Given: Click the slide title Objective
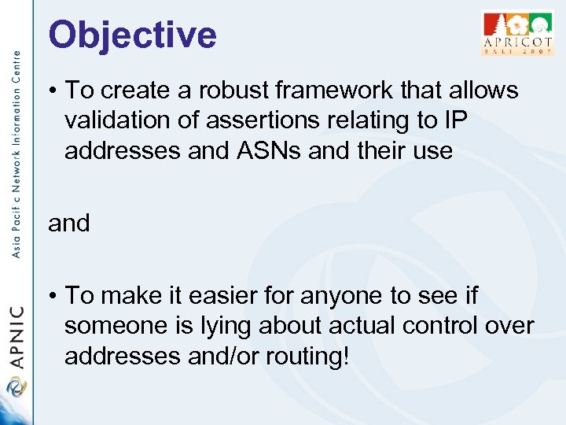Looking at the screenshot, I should click(x=132, y=35).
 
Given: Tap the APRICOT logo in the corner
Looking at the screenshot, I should click(x=516, y=33).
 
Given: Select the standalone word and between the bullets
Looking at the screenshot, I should click(x=69, y=224).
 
